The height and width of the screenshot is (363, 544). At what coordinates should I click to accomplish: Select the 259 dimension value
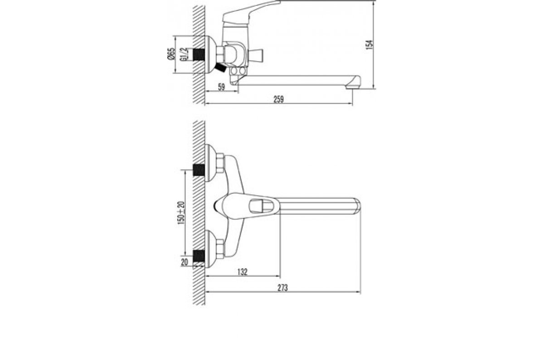coord(278,99)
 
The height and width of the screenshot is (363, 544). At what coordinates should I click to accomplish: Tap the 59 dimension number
coord(221,87)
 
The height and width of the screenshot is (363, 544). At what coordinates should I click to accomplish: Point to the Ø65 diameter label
coord(171,54)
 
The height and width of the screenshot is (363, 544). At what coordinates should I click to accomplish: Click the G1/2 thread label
coord(184,54)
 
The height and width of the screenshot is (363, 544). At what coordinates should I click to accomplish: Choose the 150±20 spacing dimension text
coord(181,213)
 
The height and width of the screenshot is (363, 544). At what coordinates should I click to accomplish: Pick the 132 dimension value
coord(242,272)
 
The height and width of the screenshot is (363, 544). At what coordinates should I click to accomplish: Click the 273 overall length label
coord(283,288)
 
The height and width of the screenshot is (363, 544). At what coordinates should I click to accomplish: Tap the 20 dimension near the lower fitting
coord(185,262)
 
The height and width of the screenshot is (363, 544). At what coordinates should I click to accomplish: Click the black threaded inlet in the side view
coord(199,54)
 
